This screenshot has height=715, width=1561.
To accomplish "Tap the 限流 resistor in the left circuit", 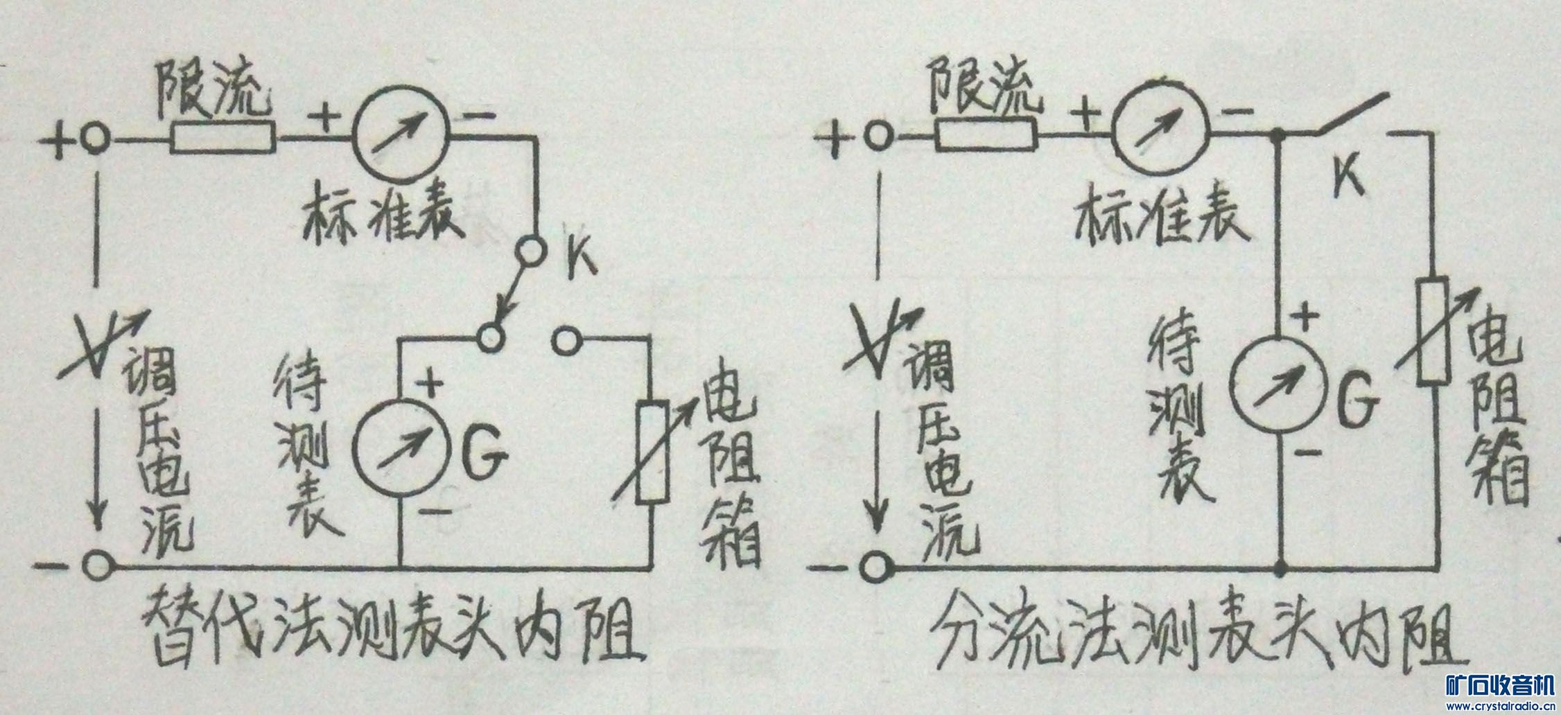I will click(223, 138).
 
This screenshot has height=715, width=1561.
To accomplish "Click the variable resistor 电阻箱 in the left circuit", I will click(653, 451).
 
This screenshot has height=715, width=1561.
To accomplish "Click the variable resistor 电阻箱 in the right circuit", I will click(1432, 330).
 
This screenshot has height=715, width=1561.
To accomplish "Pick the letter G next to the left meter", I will click(484, 456).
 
